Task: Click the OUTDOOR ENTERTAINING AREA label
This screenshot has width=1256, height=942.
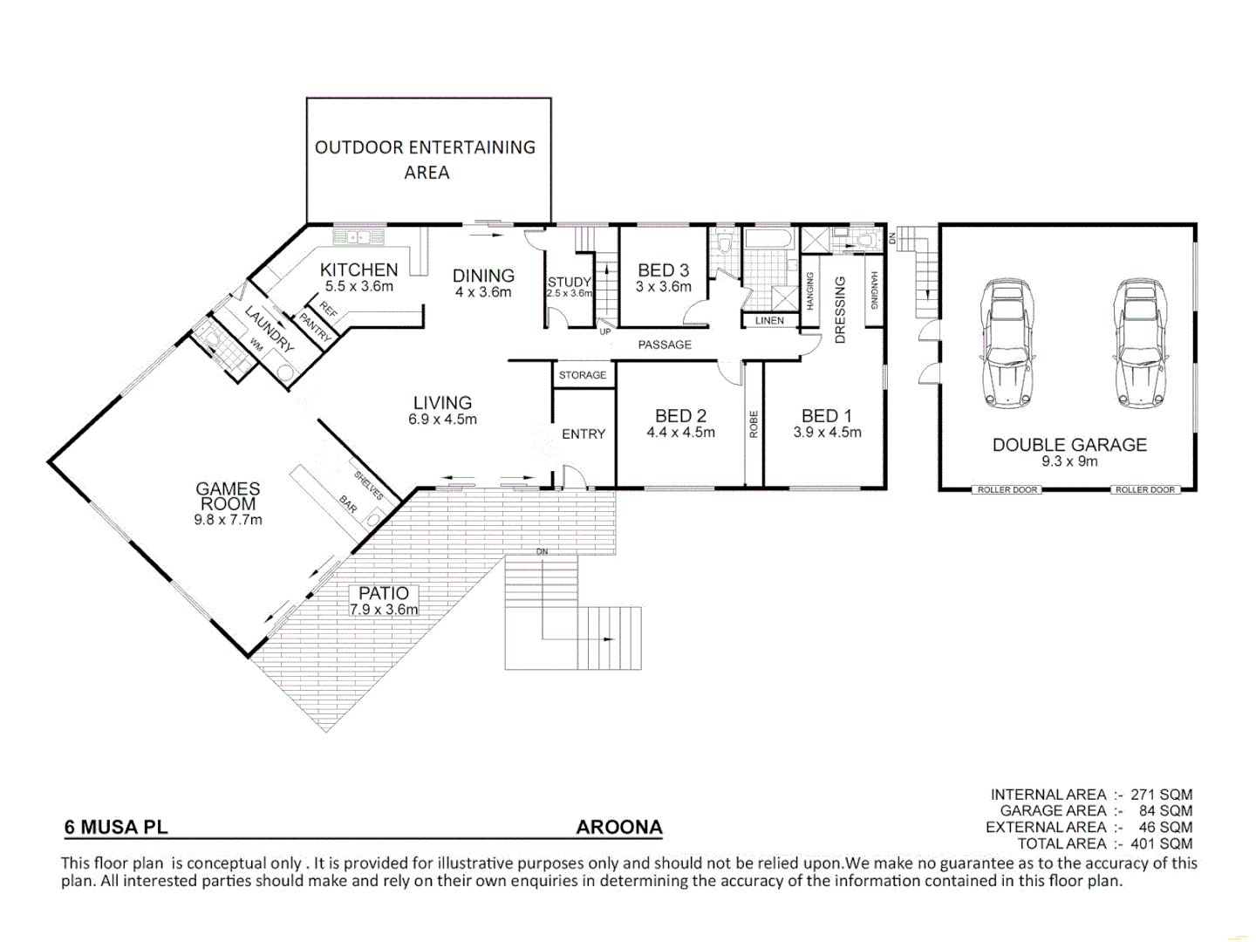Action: click(426, 160)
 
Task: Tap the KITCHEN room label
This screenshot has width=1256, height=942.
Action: click(358, 270)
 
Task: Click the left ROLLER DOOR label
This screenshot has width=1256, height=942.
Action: click(1007, 490)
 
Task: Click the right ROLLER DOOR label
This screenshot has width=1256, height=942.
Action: click(1145, 490)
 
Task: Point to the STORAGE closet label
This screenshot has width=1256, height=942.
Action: click(583, 375)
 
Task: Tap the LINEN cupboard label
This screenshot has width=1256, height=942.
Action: click(769, 321)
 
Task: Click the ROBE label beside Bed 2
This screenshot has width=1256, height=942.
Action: click(754, 424)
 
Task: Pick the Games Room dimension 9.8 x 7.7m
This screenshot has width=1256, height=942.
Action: click(228, 520)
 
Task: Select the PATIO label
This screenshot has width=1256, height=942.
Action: click(384, 593)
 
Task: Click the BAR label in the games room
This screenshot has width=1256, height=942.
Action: click(348, 504)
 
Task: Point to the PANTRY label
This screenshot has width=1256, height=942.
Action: click(315, 327)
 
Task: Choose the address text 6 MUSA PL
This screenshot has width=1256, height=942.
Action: click(116, 828)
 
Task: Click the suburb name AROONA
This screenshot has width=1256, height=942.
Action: click(619, 828)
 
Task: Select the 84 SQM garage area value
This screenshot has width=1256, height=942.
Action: click(1165, 810)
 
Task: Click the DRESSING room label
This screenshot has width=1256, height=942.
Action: click(841, 311)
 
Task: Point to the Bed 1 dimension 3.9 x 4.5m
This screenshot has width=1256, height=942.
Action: click(827, 433)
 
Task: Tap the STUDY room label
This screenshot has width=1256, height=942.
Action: click(569, 282)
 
